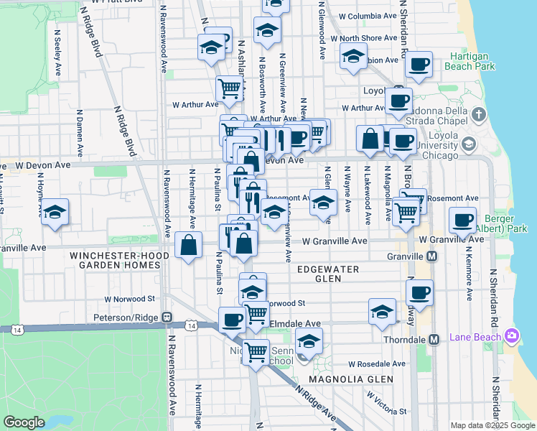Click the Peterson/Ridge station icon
tap(167, 317)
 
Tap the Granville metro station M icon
tap(432, 256)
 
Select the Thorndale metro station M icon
tap(434, 339)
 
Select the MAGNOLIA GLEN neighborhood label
tap(351, 379)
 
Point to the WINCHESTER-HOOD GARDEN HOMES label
tap(115, 260)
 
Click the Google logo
tap(24, 422)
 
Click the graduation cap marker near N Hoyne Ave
tap(55, 213)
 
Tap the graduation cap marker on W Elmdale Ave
tap(382, 312)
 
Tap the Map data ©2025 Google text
tap(492, 425)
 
